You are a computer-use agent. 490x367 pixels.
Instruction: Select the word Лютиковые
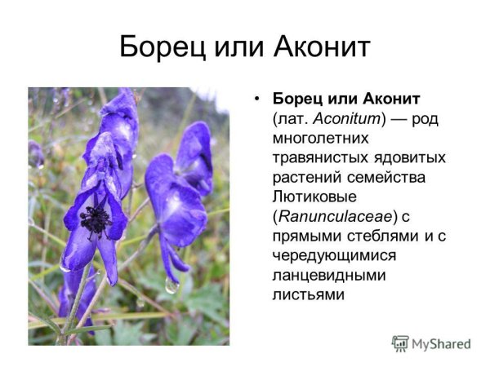click(313, 197)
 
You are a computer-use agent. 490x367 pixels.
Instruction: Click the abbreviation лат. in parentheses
click(292, 119)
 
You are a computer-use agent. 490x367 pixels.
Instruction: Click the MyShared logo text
click(442, 343)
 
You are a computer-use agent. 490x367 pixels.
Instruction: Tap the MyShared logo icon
click(400, 343)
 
